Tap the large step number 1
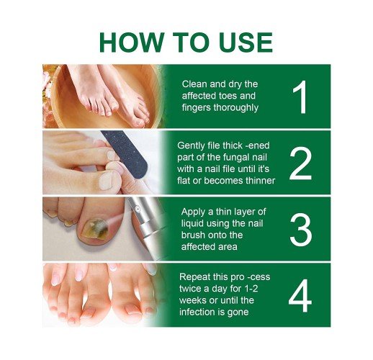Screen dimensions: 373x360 click(x=300, y=97)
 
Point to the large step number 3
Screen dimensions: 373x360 click(x=301, y=230)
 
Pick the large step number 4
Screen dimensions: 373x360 click(x=300, y=296)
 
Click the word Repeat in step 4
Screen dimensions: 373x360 click(x=193, y=277)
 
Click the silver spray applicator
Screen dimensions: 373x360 click(x=146, y=228)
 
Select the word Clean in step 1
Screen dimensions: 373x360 click(x=194, y=84)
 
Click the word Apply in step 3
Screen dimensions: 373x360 click(x=193, y=212)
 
